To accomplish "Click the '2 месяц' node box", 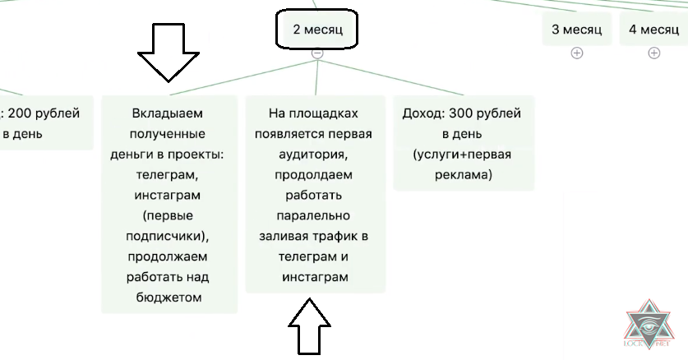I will click(317, 30).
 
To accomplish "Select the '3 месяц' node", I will click(576, 30).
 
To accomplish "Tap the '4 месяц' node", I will click(653, 30).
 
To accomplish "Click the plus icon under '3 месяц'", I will click(576, 53).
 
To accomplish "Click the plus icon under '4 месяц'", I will click(653, 53).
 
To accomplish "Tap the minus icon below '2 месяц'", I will click(317, 53).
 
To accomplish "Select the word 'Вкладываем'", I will click(167, 113).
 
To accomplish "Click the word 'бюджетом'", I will click(168, 298).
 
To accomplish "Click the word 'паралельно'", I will click(314, 215).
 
